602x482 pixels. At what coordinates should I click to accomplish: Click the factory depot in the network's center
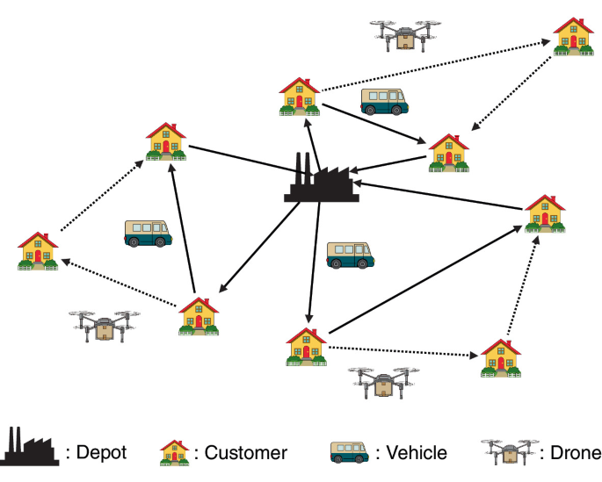321,181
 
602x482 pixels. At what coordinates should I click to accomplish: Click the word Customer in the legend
245,453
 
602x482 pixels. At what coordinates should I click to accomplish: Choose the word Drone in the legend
570,453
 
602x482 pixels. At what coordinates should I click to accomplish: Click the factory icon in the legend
31,447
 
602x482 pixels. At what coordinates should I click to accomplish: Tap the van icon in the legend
349,452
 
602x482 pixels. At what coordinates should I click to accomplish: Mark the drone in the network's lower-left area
104,324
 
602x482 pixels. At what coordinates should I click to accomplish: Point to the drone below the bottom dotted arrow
381,382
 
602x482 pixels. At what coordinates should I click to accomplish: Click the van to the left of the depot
148,233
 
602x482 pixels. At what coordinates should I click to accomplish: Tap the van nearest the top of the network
384,101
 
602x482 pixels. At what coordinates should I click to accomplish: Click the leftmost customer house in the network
38,251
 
